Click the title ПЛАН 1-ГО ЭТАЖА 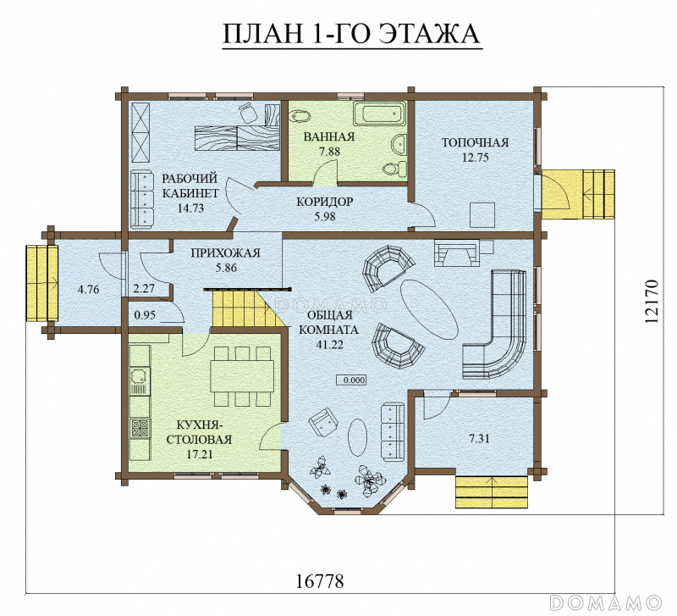[351, 34]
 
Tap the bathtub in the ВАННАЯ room [380, 114]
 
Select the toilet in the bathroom [395, 169]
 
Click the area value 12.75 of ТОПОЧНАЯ [475, 158]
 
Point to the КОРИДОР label [324, 202]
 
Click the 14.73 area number [190, 208]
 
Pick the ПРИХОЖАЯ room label [225, 253]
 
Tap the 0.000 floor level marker [351, 380]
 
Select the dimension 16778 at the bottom [320, 581]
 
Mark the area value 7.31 [479, 439]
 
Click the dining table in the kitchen [242, 376]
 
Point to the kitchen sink [139, 375]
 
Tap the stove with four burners [140, 429]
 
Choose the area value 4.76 [88, 289]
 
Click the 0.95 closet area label [145, 314]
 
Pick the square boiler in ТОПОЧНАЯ [482, 214]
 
